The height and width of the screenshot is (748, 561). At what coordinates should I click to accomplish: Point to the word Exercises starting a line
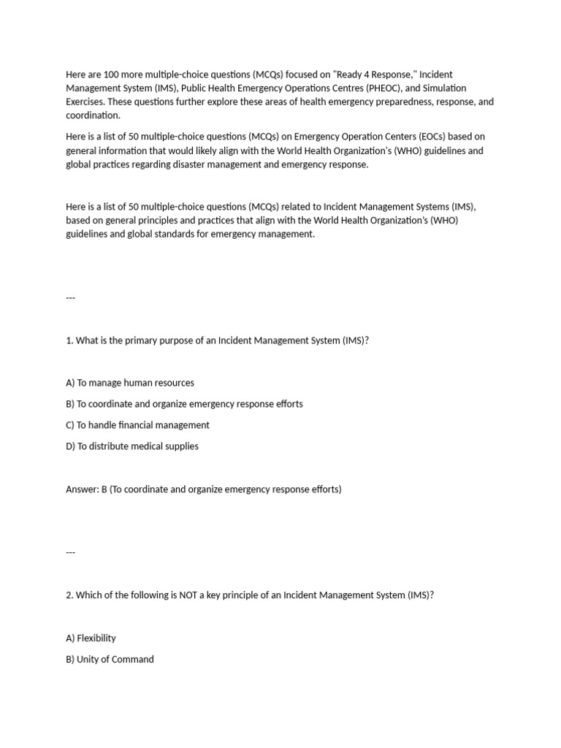(x=86, y=102)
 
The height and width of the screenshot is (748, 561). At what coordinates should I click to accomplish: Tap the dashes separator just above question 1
(x=70, y=298)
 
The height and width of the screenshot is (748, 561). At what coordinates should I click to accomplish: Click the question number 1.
(x=69, y=340)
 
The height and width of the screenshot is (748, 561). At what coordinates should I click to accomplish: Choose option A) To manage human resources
(x=130, y=383)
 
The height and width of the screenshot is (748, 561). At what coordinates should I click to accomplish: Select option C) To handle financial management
(x=137, y=425)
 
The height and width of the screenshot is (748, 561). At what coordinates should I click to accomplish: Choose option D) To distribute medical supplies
(x=132, y=446)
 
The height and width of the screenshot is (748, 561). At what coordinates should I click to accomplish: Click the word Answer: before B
(x=82, y=489)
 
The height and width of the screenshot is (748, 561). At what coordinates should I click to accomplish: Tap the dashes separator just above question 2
(x=70, y=553)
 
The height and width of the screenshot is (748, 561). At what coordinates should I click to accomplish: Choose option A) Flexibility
(x=91, y=638)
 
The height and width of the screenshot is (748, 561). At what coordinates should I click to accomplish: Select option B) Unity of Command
(x=110, y=659)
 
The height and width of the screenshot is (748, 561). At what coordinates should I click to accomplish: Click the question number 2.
(x=69, y=595)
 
